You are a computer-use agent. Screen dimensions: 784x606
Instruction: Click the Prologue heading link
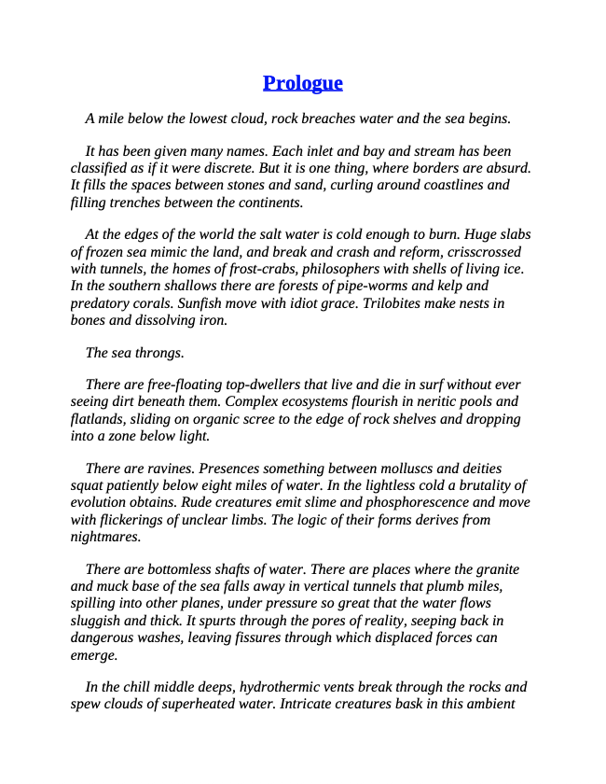302,83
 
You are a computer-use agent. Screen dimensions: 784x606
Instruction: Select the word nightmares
105,537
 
